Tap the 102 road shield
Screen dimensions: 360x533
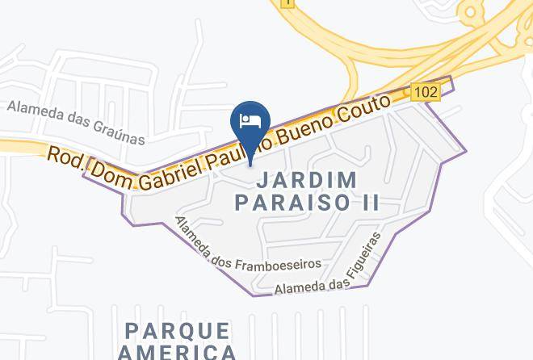pos(425,92)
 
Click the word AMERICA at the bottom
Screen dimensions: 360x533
pos(177,352)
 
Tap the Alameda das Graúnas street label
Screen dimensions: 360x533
pos(77,122)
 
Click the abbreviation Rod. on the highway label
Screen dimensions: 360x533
pos(65,154)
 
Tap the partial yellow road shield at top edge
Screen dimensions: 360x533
pos(287,3)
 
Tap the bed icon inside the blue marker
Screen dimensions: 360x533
pos(250,120)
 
